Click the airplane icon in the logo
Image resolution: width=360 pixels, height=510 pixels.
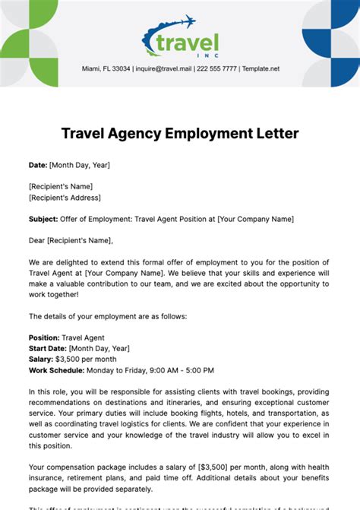pos(187,21)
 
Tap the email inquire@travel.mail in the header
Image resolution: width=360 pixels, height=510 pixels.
pos(162,68)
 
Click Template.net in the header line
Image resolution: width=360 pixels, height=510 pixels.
pos(260,68)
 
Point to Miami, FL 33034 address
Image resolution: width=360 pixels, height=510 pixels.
pos(106,68)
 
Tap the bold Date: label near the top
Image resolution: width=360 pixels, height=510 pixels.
pos(38,164)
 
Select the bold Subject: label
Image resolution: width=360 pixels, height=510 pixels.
pos(43,219)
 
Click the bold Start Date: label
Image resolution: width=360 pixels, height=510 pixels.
pos(49,348)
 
